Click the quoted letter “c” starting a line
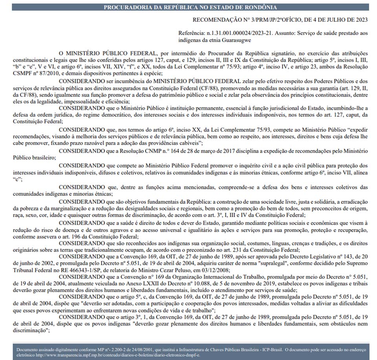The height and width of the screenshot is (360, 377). (x=17, y=179)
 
